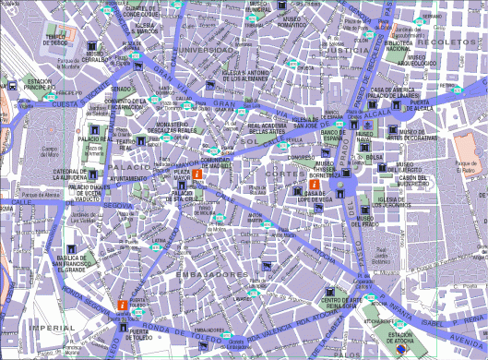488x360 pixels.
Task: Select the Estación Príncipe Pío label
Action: click(x=40, y=85)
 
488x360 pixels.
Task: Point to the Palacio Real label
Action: click(x=95, y=138)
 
